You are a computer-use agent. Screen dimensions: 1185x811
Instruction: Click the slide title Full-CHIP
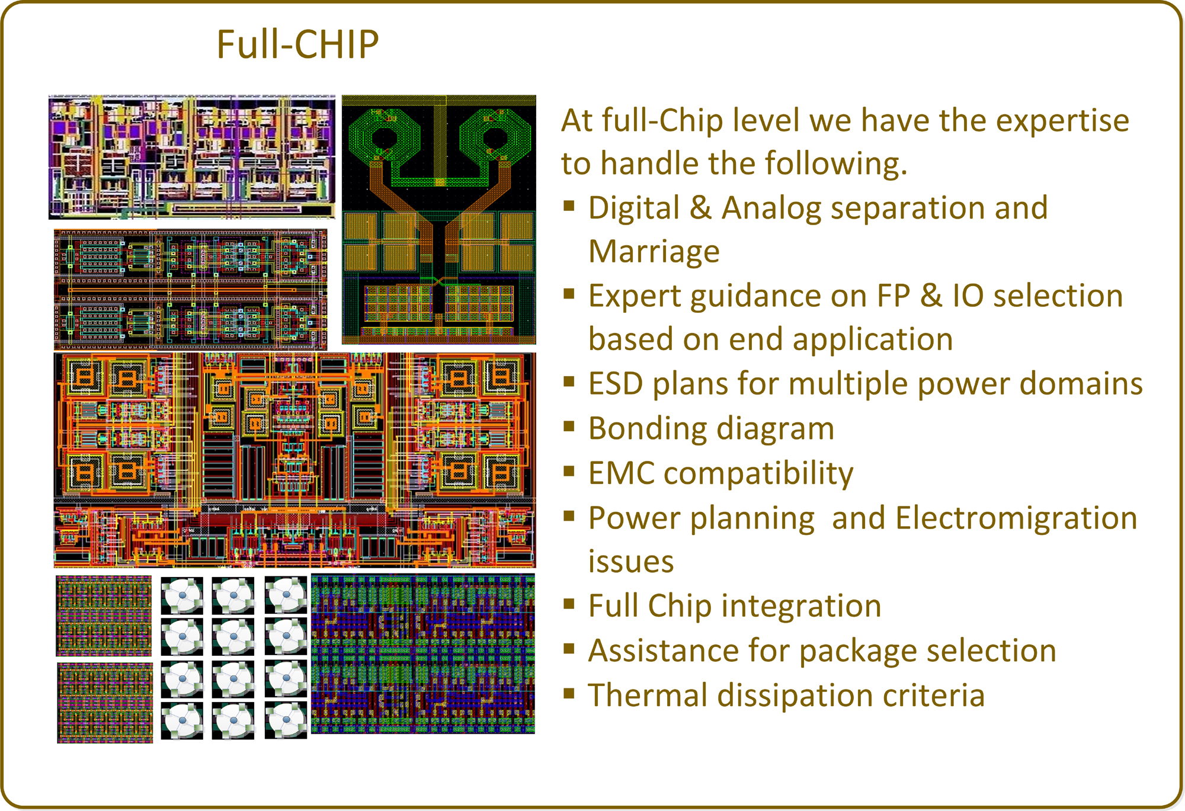point(297,44)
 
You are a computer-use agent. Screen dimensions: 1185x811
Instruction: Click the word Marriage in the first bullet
point(654,252)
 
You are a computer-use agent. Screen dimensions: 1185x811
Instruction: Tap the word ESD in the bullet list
point(615,383)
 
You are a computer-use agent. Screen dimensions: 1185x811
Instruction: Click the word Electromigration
point(1016,518)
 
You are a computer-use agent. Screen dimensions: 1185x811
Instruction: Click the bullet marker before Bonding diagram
point(569,427)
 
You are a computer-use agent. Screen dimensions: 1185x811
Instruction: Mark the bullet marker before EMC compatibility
point(569,471)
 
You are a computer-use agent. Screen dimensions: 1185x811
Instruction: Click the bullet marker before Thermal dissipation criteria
point(569,693)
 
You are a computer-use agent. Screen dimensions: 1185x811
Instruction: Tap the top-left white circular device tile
point(182,595)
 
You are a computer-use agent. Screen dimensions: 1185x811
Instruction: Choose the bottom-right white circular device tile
point(286,720)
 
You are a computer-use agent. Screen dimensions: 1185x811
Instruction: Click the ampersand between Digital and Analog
point(700,208)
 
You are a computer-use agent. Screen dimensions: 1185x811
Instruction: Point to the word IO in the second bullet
point(968,296)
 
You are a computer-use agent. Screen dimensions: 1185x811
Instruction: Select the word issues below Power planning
point(631,562)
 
